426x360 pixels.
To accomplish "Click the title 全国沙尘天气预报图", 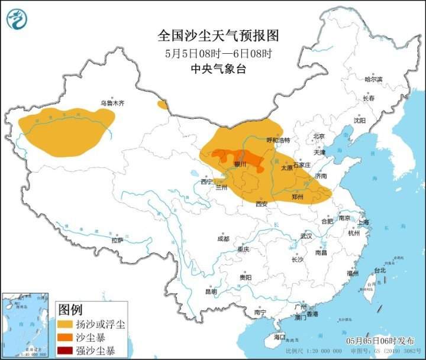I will click(218, 36).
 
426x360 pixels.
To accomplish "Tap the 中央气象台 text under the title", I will click(218, 69).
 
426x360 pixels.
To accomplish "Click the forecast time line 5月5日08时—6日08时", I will click(218, 53).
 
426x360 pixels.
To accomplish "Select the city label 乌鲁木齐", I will click(112, 103).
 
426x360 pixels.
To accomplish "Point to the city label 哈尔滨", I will click(373, 79).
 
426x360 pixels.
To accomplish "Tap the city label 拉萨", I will click(117, 240).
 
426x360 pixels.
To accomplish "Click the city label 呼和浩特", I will click(278, 141).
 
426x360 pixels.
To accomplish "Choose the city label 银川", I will click(240, 164).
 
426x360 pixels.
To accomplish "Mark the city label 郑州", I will click(299, 196).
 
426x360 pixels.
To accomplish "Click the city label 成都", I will click(222, 239).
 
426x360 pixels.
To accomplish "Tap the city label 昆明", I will click(211, 291).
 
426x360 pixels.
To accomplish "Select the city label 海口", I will click(279, 338).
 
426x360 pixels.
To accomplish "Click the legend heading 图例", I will click(70, 310).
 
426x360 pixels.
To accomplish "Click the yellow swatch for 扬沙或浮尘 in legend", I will click(64, 325).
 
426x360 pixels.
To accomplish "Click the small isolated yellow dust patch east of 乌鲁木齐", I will click(162, 105).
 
